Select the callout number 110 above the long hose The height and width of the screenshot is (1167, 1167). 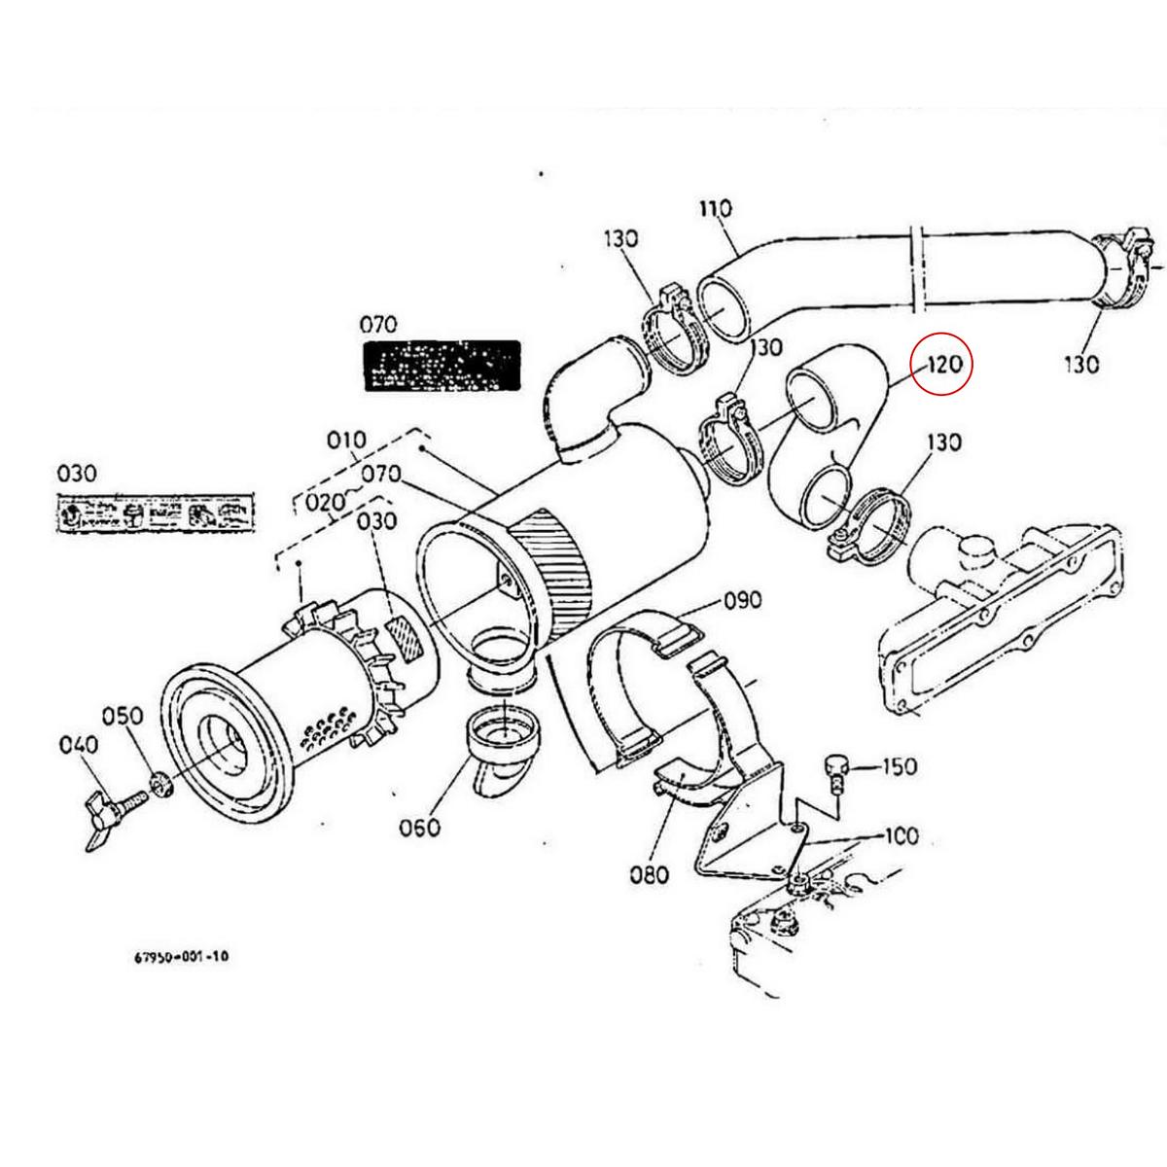[715, 208]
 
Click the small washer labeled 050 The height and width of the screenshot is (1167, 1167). [159, 783]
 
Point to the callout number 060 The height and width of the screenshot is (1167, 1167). [419, 828]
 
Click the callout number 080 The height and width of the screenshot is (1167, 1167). [649, 874]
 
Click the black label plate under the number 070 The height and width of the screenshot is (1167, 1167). [442, 365]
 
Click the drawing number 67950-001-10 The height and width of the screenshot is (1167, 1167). [181, 956]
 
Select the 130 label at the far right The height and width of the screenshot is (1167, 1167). [1080, 364]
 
